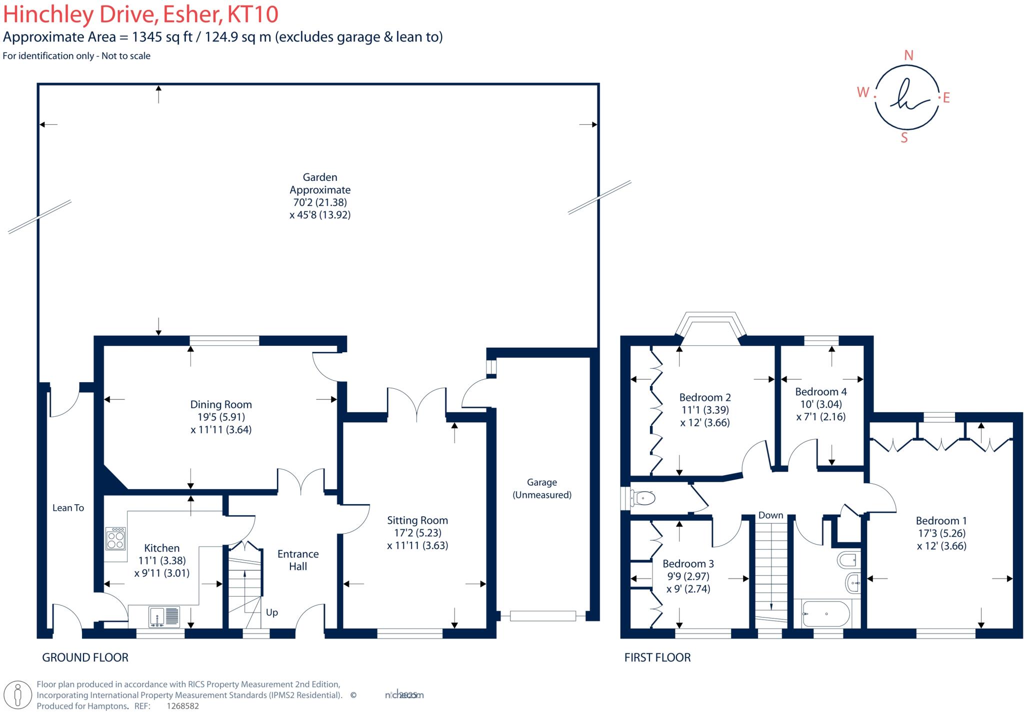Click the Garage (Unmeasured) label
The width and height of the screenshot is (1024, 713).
pyautogui.click(x=541, y=488)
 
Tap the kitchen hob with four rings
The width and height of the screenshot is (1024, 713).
pyautogui.click(x=115, y=539)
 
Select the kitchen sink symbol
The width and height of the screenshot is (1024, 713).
pyautogui.click(x=164, y=616)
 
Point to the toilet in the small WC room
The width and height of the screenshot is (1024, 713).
pyautogui.click(x=644, y=498)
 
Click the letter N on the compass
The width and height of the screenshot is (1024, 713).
pyautogui.click(x=908, y=55)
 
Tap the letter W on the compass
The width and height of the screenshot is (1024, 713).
pyautogui.click(x=863, y=92)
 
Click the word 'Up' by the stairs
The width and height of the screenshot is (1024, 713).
pyautogui.click(x=271, y=612)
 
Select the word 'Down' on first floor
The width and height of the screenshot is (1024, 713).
pyautogui.click(x=770, y=515)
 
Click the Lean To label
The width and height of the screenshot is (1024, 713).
pyautogui.click(x=68, y=508)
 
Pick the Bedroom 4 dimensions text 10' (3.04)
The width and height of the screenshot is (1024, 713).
pyautogui.click(x=820, y=404)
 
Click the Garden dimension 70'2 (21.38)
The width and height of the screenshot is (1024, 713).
pyautogui.click(x=320, y=202)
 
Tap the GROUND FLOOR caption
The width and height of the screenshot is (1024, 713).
pyautogui.click(x=85, y=658)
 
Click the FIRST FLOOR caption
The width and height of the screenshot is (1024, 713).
pyautogui.click(x=657, y=658)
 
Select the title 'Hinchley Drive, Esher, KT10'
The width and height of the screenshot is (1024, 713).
pyautogui.click(x=140, y=14)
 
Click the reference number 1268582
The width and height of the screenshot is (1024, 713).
pyautogui.click(x=182, y=706)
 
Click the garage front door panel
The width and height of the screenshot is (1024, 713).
pyautogui.click(x=542, y=616)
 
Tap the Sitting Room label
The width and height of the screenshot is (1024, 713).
pyautogui.click(x=417, y=520)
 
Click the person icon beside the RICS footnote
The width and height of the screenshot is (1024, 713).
pyautogui.click(x=18, y=695)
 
